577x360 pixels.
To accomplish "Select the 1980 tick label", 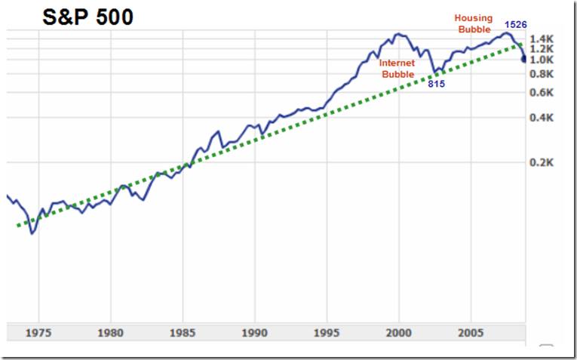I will [x=111, y=333].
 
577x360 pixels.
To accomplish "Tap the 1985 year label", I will [x=183, y=333].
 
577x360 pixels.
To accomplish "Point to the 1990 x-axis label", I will [x=255, y=333].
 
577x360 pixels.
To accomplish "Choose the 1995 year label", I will [x=327, y=333].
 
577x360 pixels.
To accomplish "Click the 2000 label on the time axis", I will [x=399, y=333].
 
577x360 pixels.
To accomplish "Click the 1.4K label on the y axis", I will [x=542, y=38].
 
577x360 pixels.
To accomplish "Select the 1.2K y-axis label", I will [x=542, y=49].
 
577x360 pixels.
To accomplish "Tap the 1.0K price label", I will [x=542, y=60].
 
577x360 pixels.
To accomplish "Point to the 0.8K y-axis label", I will [x=542, y=74].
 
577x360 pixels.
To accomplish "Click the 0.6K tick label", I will [x=542, y=93].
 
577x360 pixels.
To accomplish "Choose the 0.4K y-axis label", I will [x=542, y=118].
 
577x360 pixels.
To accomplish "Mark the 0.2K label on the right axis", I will [x=542, y=163].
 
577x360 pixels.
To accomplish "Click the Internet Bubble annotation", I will [x=397, y=69].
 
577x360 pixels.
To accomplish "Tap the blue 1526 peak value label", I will [x=515, y=25].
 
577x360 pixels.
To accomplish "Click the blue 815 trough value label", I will [x=436, y=84].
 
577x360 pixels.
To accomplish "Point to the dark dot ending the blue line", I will [x=524, y=60].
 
